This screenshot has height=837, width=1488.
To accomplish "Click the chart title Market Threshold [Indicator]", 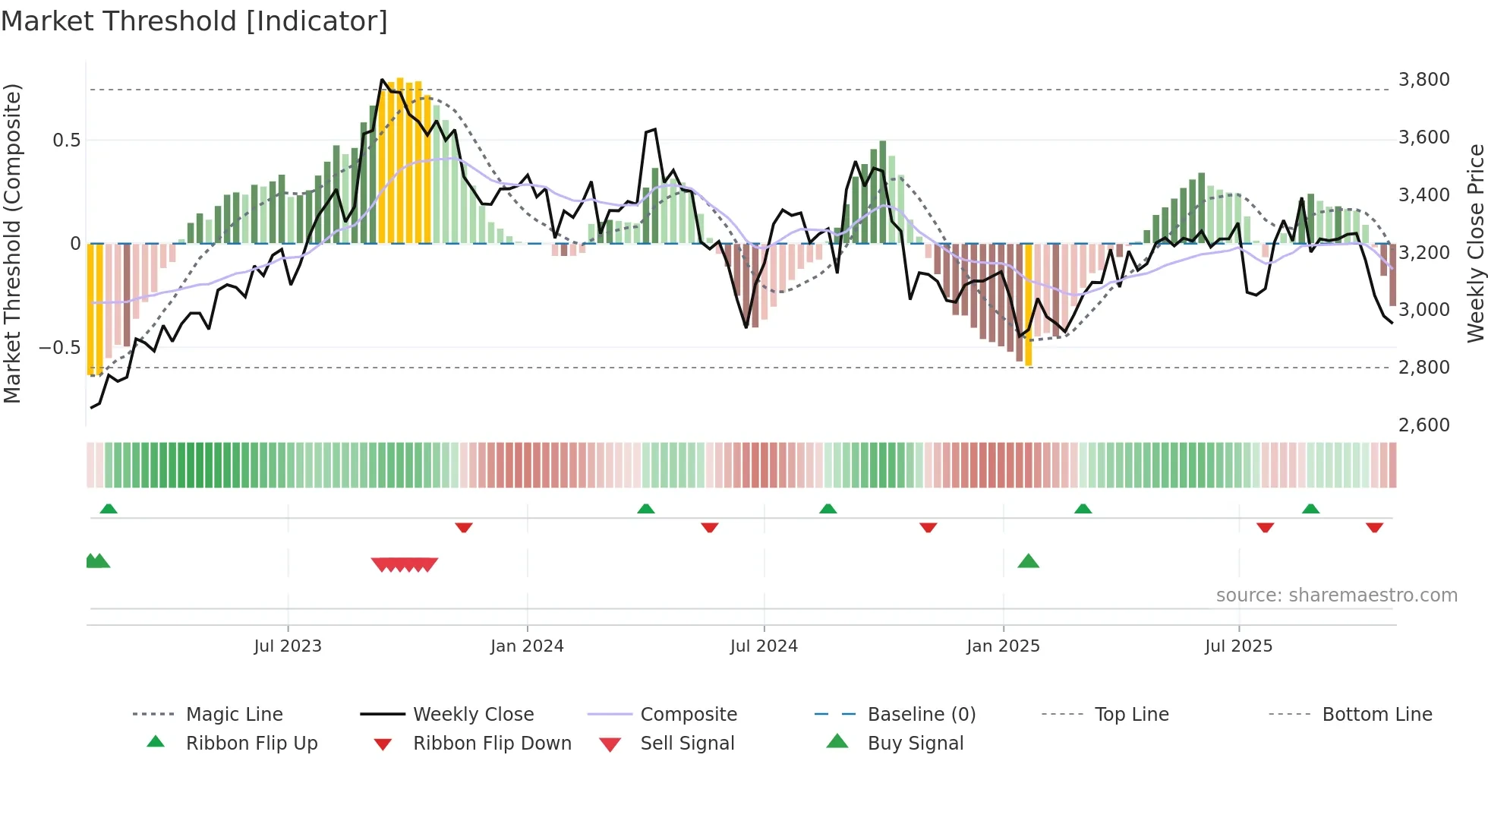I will pyautogui.click(x=194, y=21).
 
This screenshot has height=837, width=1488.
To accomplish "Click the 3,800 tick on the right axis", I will pyautogui.click(x=1423, y=80).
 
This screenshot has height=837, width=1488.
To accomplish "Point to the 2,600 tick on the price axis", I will pyautogui.click(x=1423, y=425).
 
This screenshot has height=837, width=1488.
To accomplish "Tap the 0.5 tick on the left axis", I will pyautogui.click(x=66, y=141).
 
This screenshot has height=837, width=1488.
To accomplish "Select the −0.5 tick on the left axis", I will pyautogui.click(x=59, y=348).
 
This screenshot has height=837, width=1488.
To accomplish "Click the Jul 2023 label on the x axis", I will pyautogui.click(x=288, y=646).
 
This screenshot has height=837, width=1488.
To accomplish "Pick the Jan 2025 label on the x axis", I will pyautogui.click(x=1003, y=646).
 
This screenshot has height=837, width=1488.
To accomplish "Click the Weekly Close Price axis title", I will pyautogui.click(x=1475, y=243).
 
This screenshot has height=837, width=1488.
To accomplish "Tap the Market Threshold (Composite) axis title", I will pyautogui.click(x=12, y=243).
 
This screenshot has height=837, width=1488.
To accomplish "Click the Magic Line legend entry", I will pyautogui.click(x=234, y=715).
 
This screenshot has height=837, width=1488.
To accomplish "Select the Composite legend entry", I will pyautogui.click(x=688, y=715).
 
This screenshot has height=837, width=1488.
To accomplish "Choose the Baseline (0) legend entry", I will pyautogui.click(x=921, y=715).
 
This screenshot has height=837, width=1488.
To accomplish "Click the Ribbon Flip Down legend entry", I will pyautogui.click(x=491, y=744).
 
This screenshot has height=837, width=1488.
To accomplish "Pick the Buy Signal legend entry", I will pyautogui.click(x=915, y=744).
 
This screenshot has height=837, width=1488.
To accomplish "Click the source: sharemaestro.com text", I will pyautogui.click(x=1336, y=595).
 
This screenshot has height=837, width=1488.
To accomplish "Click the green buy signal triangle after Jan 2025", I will pyautogui.click(x=1028, y=561).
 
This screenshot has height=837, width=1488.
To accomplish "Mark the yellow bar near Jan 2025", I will pyautogui.click(x=1029, y=304).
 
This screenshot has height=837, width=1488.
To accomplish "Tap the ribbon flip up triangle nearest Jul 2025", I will pyautogui.click(x=1310, y=509).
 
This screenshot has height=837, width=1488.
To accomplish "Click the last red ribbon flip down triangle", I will pyautogui.click(x=1374, y=527).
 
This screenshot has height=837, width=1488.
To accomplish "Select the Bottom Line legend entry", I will pyautogui.click(x=1376, y=715).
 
